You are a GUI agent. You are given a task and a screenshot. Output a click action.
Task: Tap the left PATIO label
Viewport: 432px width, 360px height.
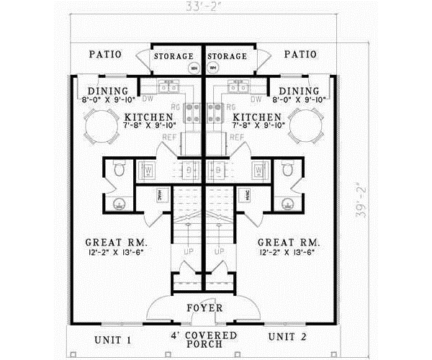[x=105, y=54]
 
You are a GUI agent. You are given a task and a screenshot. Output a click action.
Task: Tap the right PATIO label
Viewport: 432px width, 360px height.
[x=300, y=54]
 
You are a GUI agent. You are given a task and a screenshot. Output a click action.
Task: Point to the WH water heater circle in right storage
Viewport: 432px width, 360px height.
[x=213, y=68]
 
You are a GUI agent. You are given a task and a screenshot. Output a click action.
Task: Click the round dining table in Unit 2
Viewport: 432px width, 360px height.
[x=306, y=130]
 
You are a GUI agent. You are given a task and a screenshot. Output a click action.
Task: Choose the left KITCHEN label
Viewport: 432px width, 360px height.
[x=148, y=117]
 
